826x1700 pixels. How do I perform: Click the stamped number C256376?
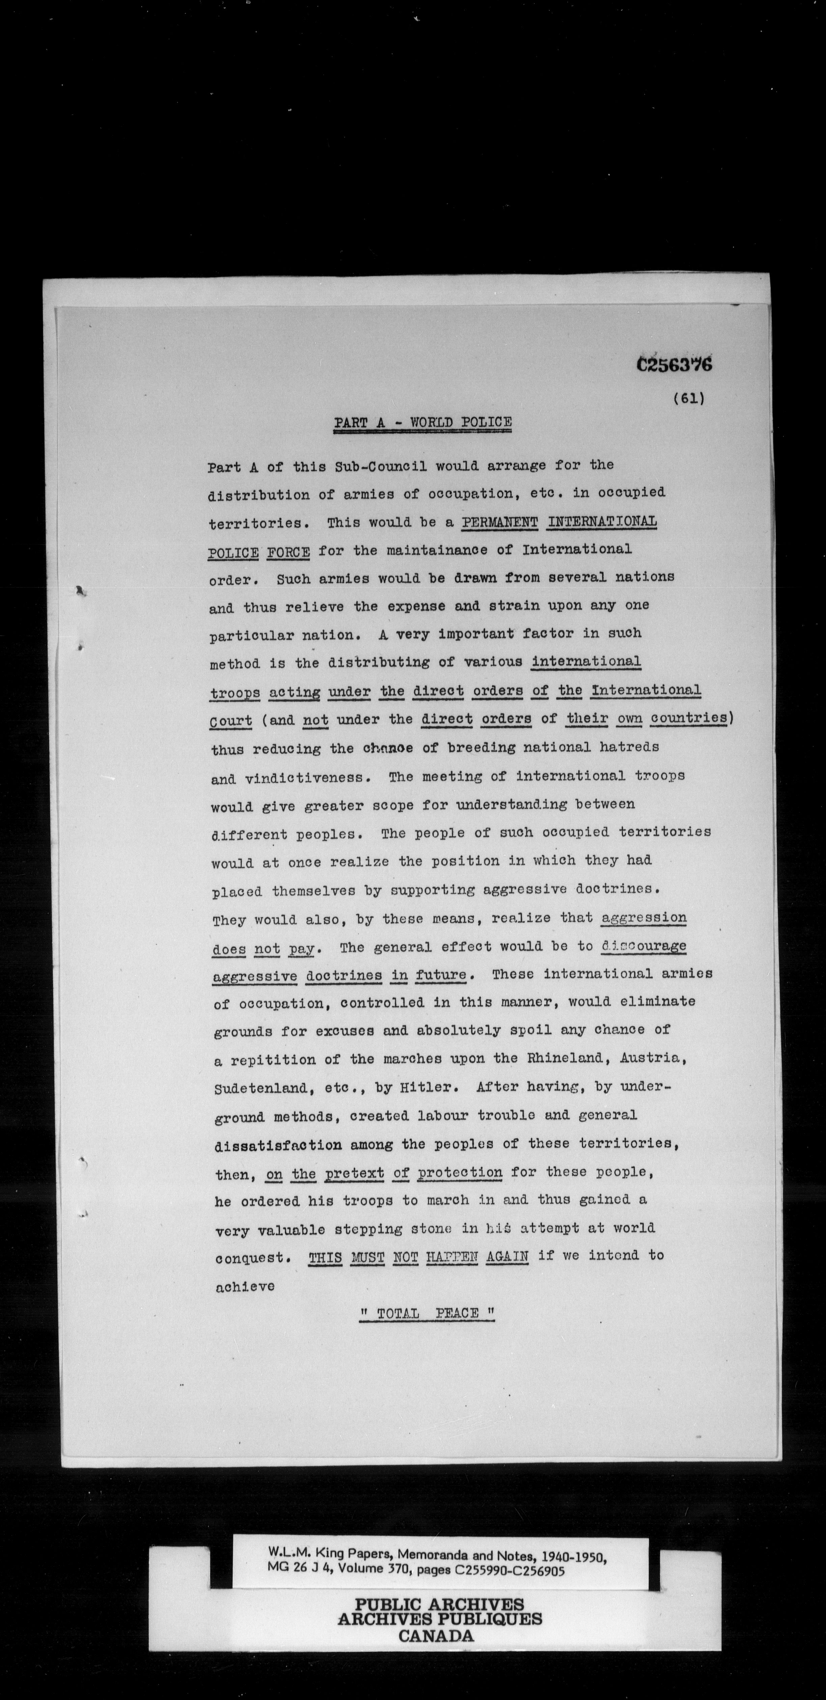coord(674,365)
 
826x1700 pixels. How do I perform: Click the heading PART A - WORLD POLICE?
coord(422,422)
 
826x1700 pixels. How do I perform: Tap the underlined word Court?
coord(230,721)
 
